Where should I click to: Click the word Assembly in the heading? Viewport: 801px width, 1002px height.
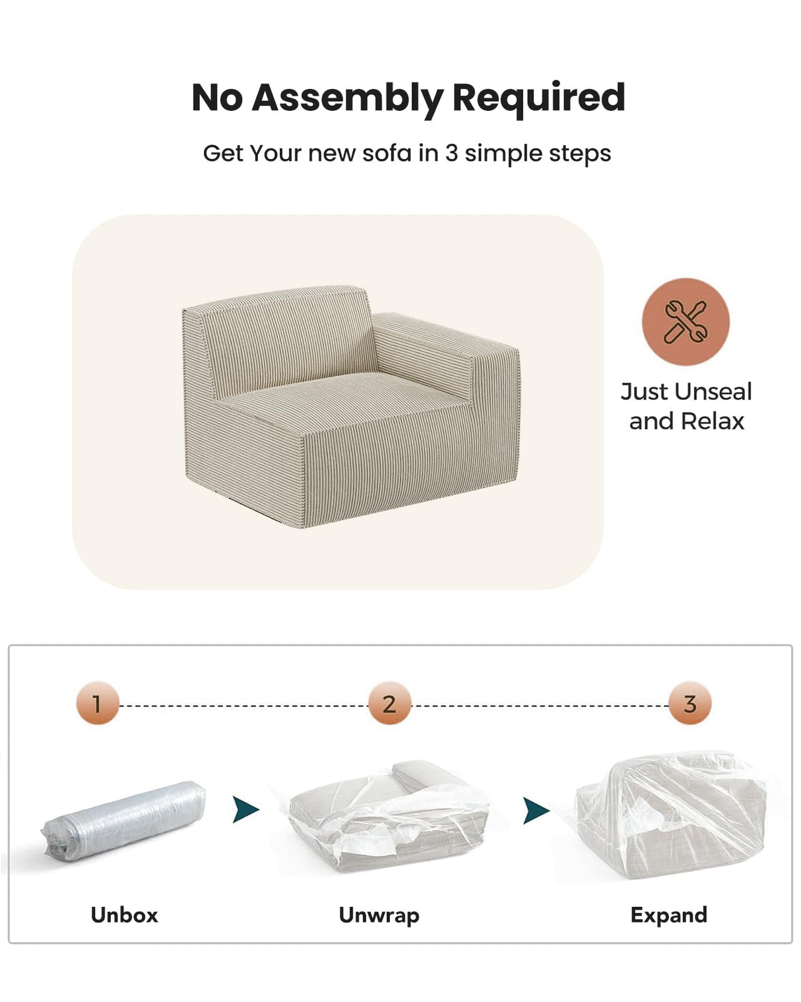(347, 98)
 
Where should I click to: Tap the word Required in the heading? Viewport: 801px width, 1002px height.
(538, 98)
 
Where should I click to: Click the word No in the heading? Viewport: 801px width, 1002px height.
(217, 98)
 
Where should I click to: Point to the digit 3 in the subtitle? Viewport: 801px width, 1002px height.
(451, 153)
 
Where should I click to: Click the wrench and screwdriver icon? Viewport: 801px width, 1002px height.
(686, 321)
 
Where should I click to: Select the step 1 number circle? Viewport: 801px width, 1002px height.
(97, 704)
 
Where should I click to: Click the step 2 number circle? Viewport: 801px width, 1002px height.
(389, 704)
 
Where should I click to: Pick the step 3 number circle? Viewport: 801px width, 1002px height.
(690, 704)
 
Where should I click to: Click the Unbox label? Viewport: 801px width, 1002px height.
(124, 915)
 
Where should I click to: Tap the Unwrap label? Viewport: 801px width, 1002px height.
(379, 915)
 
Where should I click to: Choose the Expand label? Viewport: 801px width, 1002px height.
(668, 915)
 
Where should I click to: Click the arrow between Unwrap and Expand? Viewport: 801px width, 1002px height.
(536, 810)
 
